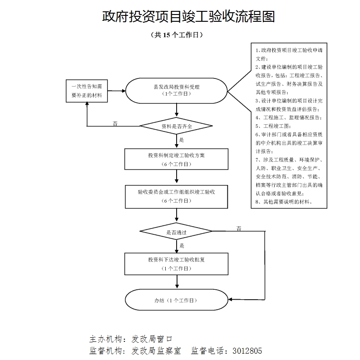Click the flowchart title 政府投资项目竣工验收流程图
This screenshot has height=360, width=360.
click(188, 17)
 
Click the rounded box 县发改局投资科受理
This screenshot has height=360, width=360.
click(176, 90)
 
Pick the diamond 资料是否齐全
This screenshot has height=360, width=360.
click(176, 126)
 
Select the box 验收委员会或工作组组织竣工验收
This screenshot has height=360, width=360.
click(176, 196)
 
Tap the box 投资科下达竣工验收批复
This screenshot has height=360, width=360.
click(176, 264)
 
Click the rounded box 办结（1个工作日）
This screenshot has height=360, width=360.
click(176, 300)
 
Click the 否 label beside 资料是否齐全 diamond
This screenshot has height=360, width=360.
click(115, 123)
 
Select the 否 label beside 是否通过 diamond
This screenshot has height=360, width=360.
click(239, 228)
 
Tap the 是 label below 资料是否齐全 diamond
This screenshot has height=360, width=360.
click(182, 140)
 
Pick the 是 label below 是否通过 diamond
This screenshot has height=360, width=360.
click(182, 245)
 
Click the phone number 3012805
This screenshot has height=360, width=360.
click(247, 351)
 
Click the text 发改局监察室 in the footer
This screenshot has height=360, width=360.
click(156, 351)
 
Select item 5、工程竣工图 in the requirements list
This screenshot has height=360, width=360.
click(273, 126)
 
